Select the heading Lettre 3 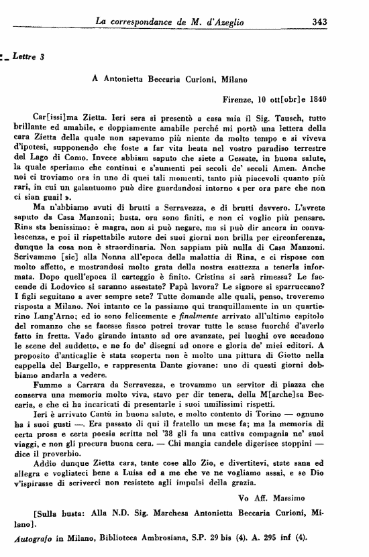click(x=28, y=57)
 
